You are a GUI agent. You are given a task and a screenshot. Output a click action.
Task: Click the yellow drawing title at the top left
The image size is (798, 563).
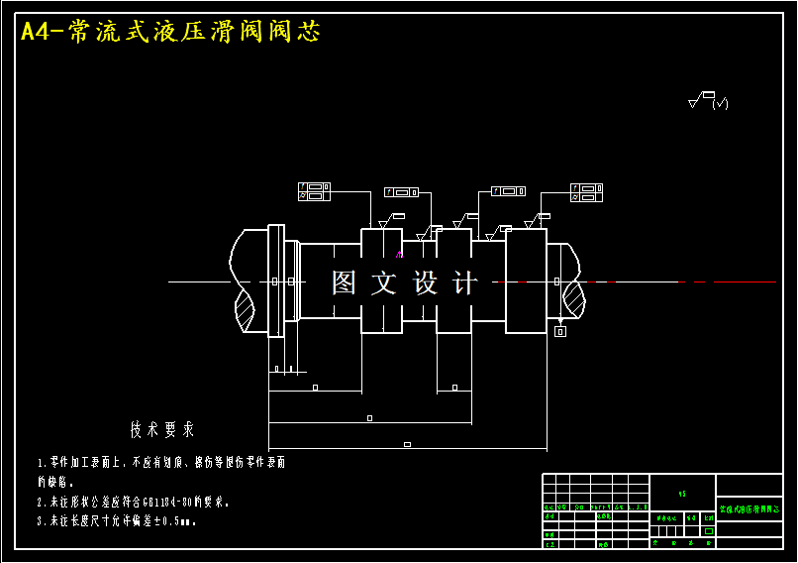pos(170,32)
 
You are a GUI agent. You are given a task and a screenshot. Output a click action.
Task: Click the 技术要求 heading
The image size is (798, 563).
pos(162,430)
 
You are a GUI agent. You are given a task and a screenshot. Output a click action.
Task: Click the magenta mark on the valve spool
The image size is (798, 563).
pos(399,254)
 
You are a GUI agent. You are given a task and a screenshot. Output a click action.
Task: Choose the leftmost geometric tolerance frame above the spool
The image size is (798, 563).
pos(315,191)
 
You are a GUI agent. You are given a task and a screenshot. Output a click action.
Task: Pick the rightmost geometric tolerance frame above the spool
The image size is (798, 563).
pos(586,191)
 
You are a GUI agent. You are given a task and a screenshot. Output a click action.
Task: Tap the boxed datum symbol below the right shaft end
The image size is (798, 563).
pos(560,331)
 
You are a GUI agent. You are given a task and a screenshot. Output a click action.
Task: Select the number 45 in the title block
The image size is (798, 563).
pos(681,493)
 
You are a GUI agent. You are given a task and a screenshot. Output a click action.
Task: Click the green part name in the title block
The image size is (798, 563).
pos(748,509)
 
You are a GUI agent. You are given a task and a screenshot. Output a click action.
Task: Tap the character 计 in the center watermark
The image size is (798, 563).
pos(463,283)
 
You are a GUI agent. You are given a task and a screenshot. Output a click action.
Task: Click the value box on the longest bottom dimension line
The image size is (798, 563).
pos(407,444)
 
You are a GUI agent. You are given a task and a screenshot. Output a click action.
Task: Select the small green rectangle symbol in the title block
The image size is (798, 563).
pos(707,531)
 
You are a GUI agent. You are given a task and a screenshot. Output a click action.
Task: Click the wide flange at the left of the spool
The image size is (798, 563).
pos(276,281)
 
